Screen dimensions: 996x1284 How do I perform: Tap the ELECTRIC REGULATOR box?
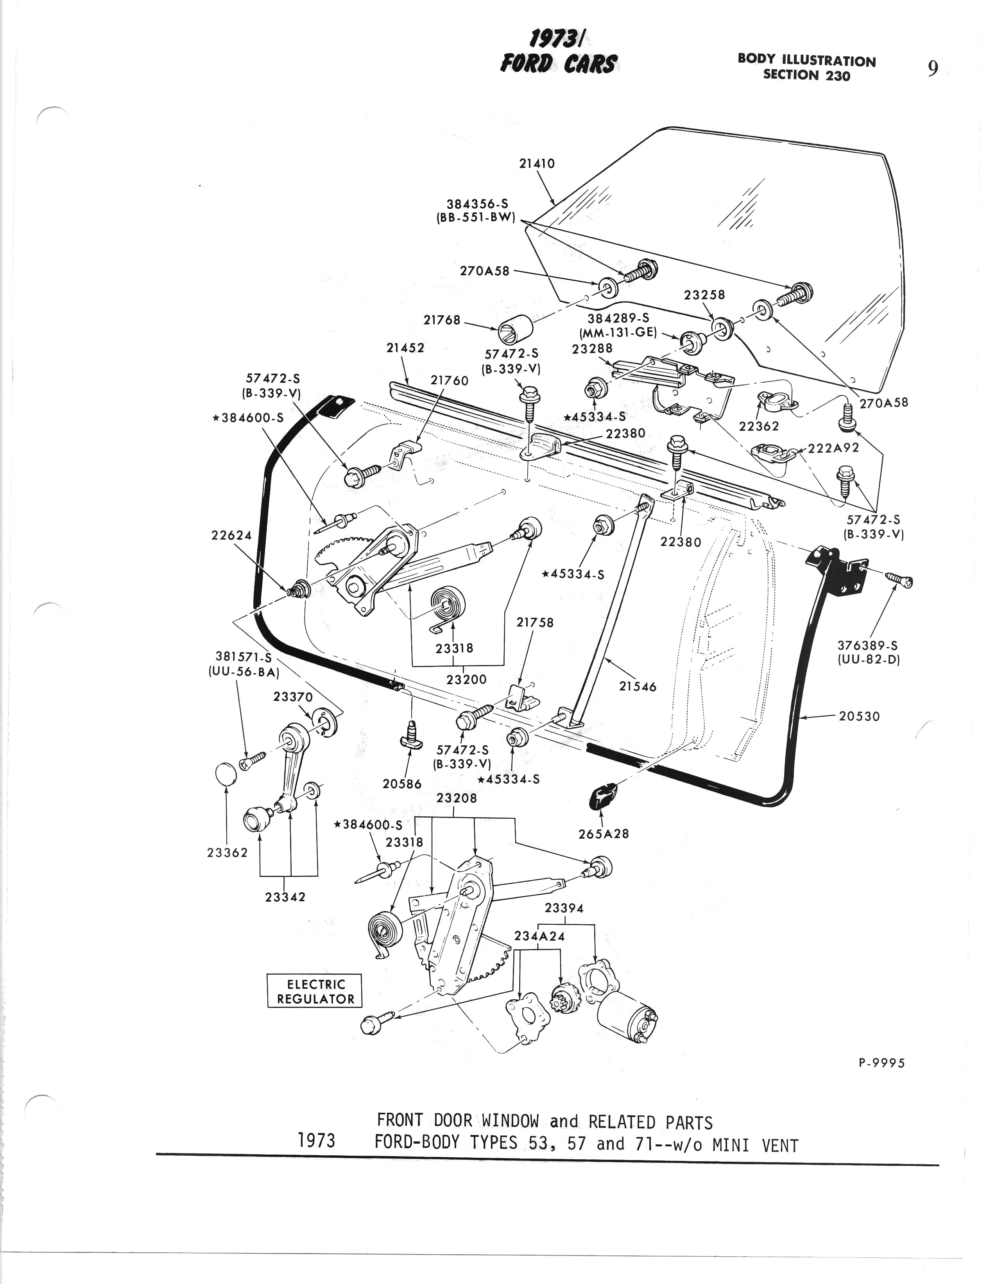pos(315,991)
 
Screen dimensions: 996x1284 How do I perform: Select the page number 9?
pos(933,69)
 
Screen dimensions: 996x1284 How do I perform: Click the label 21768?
pos(441,320)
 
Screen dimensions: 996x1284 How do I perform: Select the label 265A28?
pos(604,834)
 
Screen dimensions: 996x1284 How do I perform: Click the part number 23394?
pos(564,908)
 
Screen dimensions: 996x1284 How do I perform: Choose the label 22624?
pos(231,535)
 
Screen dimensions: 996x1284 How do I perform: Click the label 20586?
pos(402,784)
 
